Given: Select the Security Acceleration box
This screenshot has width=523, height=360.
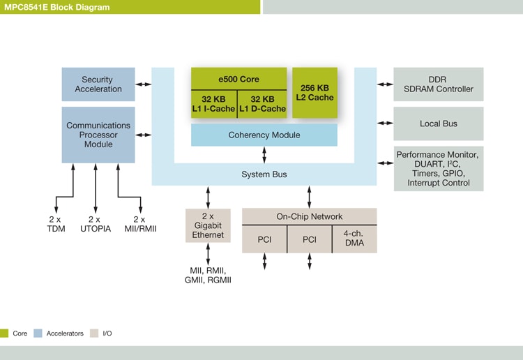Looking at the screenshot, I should pos(97,84).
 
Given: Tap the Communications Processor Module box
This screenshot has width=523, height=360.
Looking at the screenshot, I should pos(98,135).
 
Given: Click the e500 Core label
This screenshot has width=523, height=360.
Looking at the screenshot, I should pos(239,79).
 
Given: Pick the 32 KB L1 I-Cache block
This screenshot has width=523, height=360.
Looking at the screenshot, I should pos(215,104).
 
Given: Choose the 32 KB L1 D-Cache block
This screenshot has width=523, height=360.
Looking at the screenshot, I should pos(263,104).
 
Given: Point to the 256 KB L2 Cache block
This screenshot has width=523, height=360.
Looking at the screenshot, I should pos(314,92).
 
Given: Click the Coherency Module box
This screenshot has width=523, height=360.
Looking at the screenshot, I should pos(264,135).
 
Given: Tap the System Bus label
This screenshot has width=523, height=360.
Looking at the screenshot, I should pos(264,174).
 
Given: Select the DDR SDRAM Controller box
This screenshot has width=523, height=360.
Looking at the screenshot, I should pos(439,84).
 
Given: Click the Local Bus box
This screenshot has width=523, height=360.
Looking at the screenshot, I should pos(439,123).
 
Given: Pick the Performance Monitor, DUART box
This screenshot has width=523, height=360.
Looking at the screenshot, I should pos(439,168).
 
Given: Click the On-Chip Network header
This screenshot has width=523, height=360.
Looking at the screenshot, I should pos(309,216).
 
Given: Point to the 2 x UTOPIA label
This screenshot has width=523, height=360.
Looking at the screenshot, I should pos(95,224).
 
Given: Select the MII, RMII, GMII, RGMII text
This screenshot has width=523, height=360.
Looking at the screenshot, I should pos(208,275).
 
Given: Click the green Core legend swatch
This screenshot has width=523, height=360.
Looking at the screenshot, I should pos(4,333).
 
